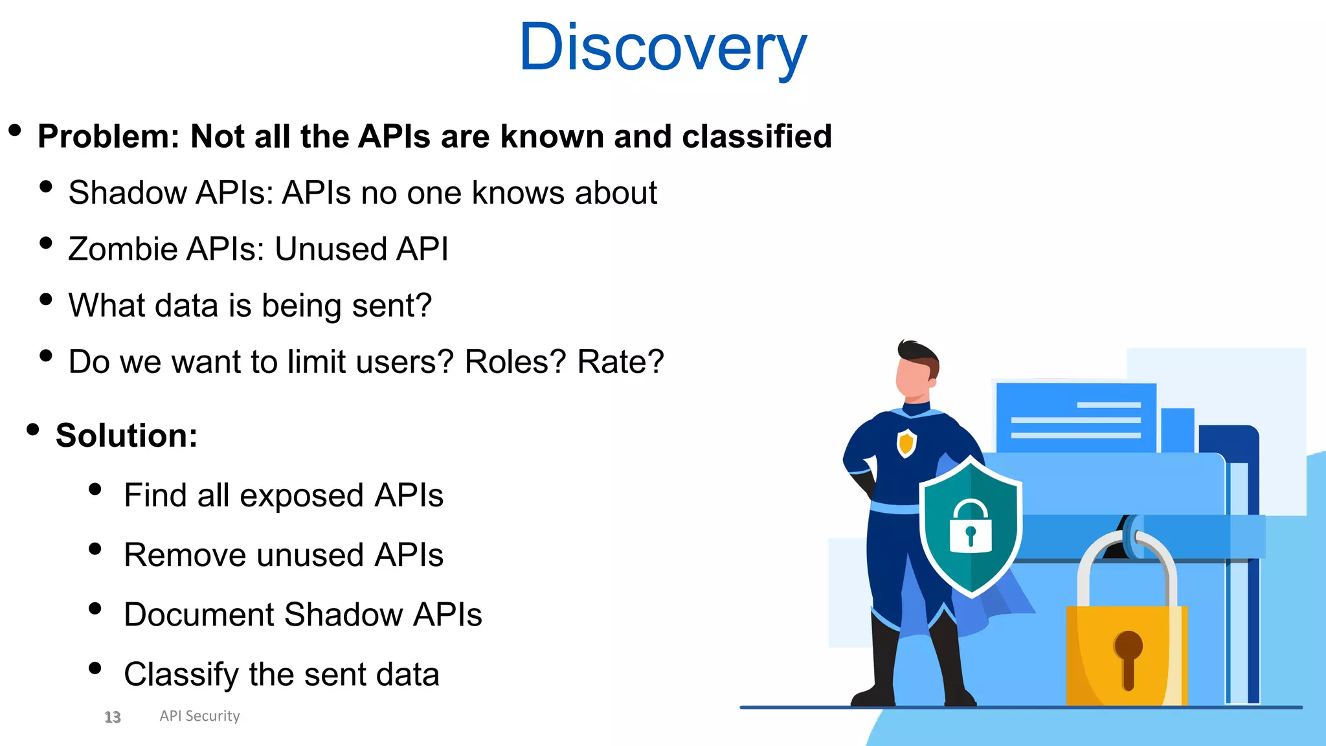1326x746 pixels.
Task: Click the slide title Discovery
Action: pos(662,47)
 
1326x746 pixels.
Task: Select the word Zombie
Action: pos(122,249)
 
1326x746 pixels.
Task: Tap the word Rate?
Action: pos(620,362)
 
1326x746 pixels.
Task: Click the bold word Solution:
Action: pos(126,436)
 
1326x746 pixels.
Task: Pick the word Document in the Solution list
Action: pos(199,615)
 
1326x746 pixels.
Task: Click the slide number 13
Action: pos(113,717)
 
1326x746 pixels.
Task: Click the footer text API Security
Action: pos(199,716)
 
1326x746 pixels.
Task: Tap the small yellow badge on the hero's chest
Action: pos(906,443)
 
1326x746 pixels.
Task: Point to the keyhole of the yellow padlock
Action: pos(1128,657)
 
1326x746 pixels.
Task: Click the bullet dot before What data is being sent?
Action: pos(46,299)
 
